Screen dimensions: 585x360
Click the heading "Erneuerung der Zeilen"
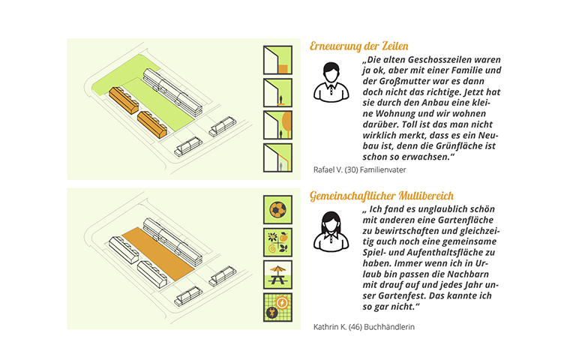coord(359,46)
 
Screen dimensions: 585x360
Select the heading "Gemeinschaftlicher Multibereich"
coord(382,196)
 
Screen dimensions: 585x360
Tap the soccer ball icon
coord(277,210)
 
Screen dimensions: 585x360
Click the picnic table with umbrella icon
coord(277,275)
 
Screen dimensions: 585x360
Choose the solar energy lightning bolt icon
coord(277,307)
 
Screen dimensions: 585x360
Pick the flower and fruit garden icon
coord(277,242)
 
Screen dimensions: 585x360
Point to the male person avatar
coord(331,82)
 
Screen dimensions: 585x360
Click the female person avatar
coord(331,232)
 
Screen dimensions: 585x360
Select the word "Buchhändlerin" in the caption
coord(389,327)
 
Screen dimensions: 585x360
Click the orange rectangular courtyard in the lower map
coord(158,253)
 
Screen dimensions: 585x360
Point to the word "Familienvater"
coord(382,169)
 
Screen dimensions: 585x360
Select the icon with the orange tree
coord(277,125)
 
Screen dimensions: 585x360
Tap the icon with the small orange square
coord(277,60)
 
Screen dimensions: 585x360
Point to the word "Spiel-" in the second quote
coord(374,253)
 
